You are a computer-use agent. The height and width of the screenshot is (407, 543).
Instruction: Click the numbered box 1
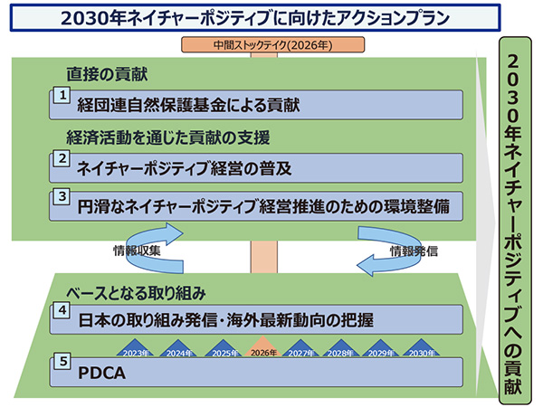coord(62,95)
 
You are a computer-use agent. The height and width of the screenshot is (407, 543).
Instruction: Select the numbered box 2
coord(62,158)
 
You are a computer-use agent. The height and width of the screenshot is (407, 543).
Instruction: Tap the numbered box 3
coord(62,196)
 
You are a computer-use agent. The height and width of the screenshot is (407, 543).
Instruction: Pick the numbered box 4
coord(62,309)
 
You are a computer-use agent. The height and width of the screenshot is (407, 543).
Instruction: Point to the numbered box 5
coord(62,361)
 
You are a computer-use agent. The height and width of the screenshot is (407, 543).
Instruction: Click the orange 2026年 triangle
coord(263,347)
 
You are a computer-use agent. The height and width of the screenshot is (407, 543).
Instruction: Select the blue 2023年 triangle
coord(136,349)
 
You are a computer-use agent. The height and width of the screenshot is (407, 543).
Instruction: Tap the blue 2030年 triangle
coord(422,349)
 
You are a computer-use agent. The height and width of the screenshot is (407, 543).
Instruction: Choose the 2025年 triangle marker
coord(224,349)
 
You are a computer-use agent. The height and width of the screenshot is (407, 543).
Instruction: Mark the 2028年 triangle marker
coord(341,349)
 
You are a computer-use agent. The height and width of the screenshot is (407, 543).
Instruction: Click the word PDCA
coord(101,373)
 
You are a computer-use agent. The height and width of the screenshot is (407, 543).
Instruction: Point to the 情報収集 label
coord(138,251)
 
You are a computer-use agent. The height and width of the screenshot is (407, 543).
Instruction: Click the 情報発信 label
coord(414,251)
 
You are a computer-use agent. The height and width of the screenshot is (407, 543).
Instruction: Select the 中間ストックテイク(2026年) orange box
coord(273,44)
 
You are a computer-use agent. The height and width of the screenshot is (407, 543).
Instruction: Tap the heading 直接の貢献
coord(107,74)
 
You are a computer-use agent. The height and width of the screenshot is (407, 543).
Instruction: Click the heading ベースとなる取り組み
coord(136,293)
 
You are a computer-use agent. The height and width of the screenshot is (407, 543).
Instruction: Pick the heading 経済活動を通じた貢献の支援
coord(168,137)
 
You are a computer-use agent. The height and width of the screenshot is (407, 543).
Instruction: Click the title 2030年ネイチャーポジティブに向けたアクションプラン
coord(255,18)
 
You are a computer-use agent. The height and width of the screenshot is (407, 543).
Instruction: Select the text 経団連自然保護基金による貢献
coord(188,105)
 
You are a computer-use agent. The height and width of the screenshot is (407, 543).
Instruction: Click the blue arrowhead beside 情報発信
coord(366,265)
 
